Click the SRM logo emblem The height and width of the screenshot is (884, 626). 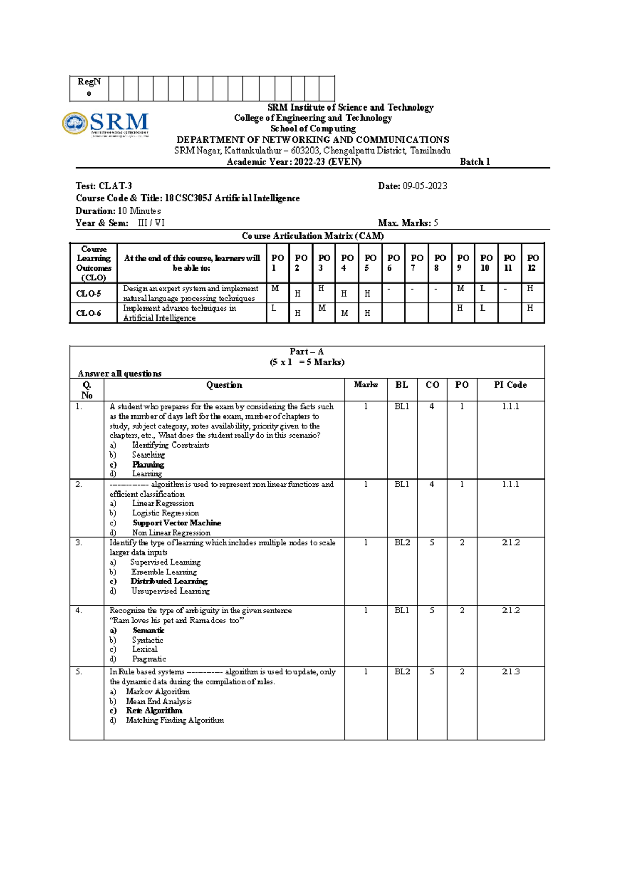(75, 124)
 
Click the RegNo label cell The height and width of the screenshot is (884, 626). (89, 88)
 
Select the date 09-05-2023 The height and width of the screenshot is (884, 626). (425, 186)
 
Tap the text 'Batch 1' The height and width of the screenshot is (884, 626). (475, 162)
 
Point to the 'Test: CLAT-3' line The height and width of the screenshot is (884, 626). (104, 186)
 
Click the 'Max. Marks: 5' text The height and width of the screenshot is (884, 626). (407, 223)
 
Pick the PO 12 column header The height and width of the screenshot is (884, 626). (533, 263)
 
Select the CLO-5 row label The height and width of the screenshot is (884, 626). (89, 293)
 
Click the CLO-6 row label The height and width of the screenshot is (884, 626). (89, 313)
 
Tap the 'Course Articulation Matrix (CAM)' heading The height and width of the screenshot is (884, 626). (312, 236)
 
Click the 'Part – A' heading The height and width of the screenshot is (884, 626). (307, 352)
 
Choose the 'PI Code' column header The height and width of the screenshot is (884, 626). (510, 385)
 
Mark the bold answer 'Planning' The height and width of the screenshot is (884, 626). (148, 464)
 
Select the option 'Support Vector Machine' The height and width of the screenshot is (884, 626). (176, 523)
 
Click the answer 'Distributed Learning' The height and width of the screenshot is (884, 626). (169, 581)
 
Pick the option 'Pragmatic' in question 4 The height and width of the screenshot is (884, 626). (149, 659)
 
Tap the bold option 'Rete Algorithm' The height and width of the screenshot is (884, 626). (154, 710)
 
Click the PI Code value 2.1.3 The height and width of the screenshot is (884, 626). (511, 672)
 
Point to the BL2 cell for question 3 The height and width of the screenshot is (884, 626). (402, 543)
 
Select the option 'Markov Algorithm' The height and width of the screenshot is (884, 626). (158, 692)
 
